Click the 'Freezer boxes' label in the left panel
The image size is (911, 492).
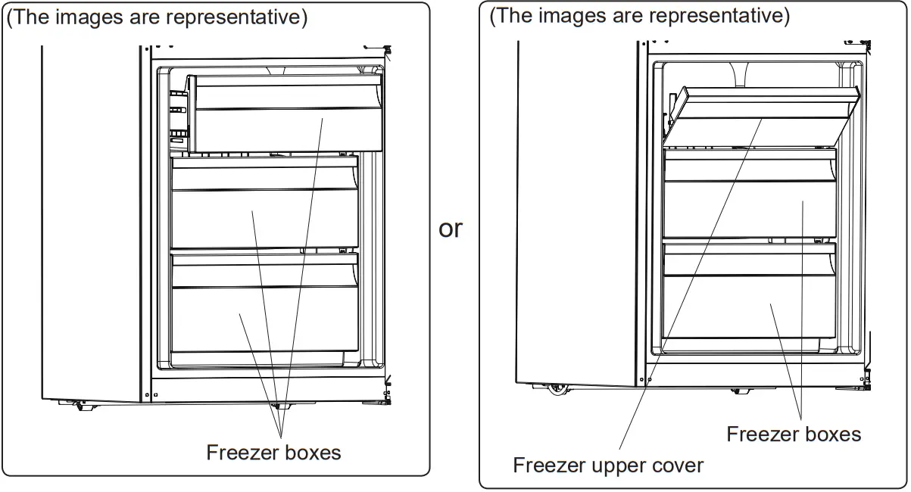click(273, 453)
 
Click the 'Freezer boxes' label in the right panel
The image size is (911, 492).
click(793, 434)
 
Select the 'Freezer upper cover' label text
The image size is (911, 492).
click(607, 465)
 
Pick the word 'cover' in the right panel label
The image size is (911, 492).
click(675, 465)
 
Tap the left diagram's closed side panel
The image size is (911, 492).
click(91, 220)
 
